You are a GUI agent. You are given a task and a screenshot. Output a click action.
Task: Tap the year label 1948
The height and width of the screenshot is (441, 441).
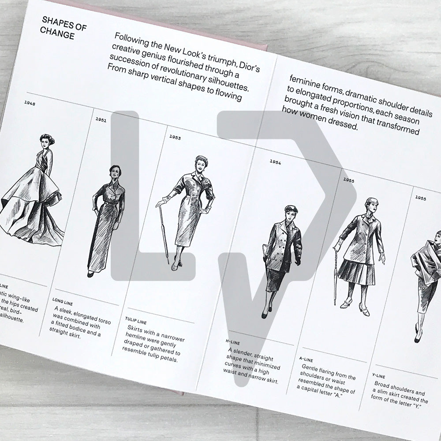pos(30,104)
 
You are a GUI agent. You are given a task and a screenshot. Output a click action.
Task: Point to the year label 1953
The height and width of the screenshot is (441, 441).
pos(175,137)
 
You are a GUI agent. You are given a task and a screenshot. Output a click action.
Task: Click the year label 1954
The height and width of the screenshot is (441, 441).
pos(275,162)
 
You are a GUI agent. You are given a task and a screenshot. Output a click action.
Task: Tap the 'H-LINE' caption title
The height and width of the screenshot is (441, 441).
pos(232,340)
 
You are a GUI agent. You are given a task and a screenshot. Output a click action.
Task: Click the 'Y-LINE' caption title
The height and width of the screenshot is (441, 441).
pos(379,376)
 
